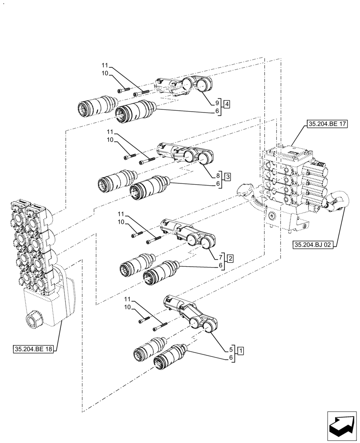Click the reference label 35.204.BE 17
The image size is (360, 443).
[325, 124]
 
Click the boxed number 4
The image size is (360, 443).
[227, 105]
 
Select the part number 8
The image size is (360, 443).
[218, 175]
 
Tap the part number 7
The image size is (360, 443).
[220, 257]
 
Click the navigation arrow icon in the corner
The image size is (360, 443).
[341, 427]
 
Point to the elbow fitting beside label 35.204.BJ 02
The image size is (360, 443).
[339, 202]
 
